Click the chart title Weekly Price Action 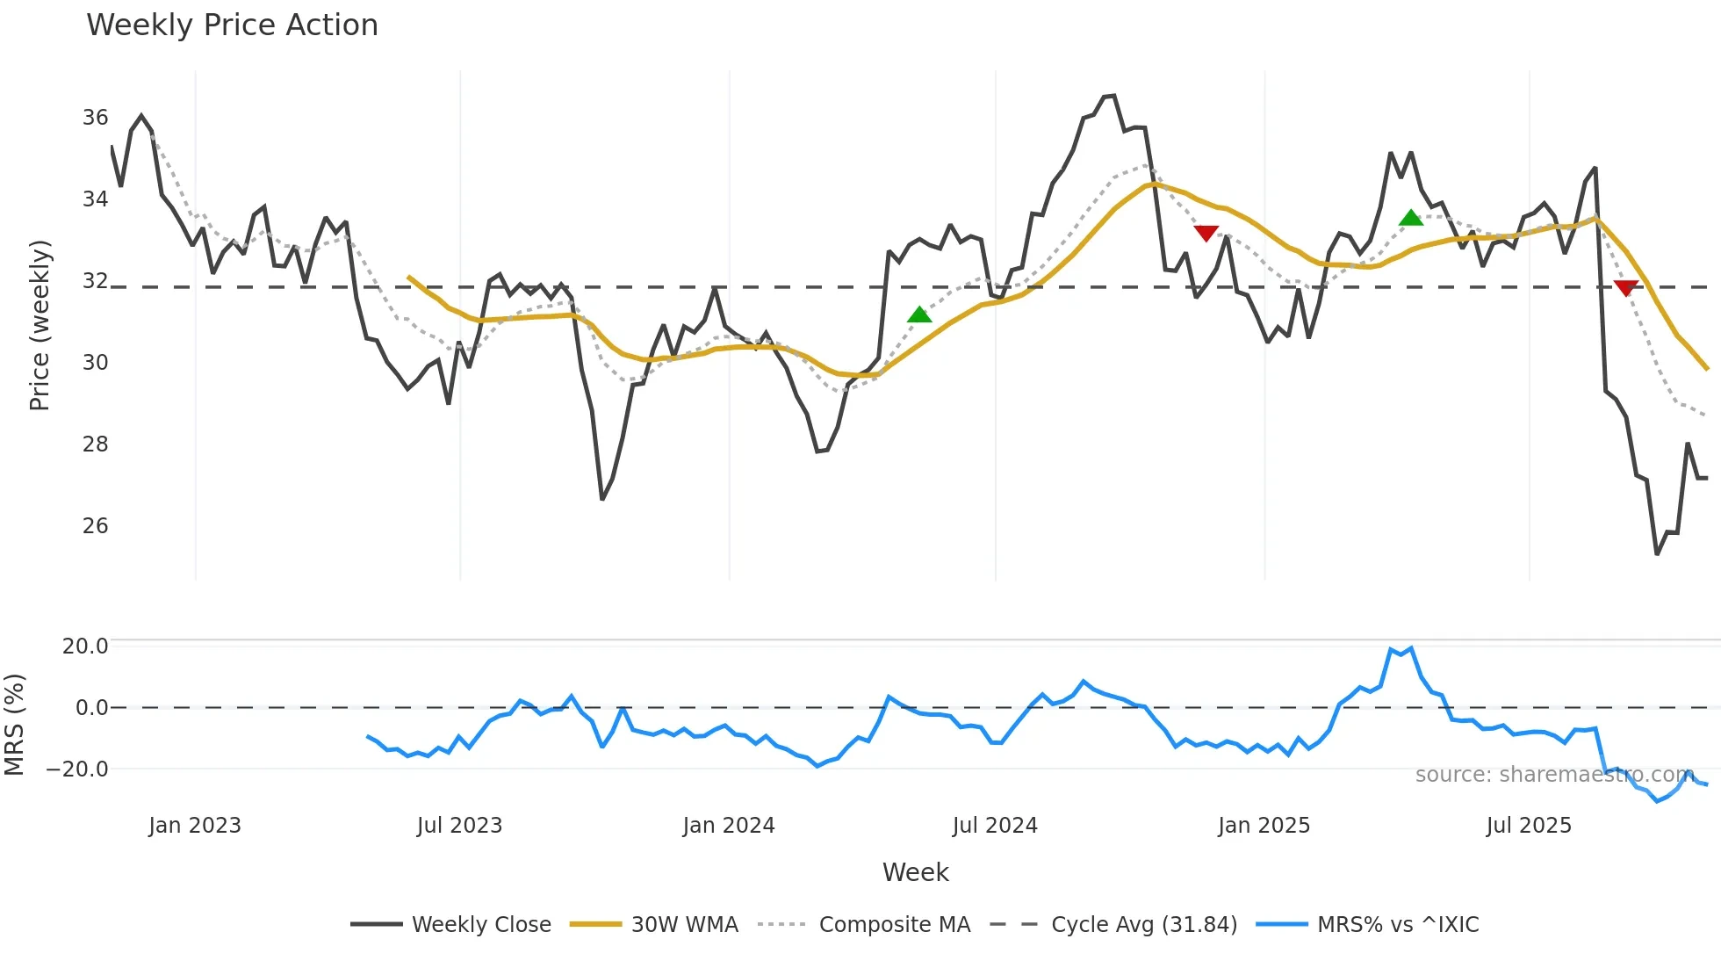click(x=232, y=25)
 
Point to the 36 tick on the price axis click(x=96, y=118)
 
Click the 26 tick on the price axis click(x=96, y=526)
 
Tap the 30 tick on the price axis click(x=96, y=363)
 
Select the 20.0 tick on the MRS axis click(x=85, y=647)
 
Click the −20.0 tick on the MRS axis click(x=78, y=769)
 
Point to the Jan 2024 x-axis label click(x=729, y=826)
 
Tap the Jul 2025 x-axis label click(x=1529, y=826)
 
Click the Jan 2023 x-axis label click(x=195, y=826)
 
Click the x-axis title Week click(x=915, y=872)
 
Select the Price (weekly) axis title click(x=40, y=325)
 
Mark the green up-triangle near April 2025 click(x=1411, y=218)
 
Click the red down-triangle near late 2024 click(x=1206, y=233)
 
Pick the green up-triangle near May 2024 click(x=919, y=314)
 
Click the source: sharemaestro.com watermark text click(x=1554, y=775)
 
